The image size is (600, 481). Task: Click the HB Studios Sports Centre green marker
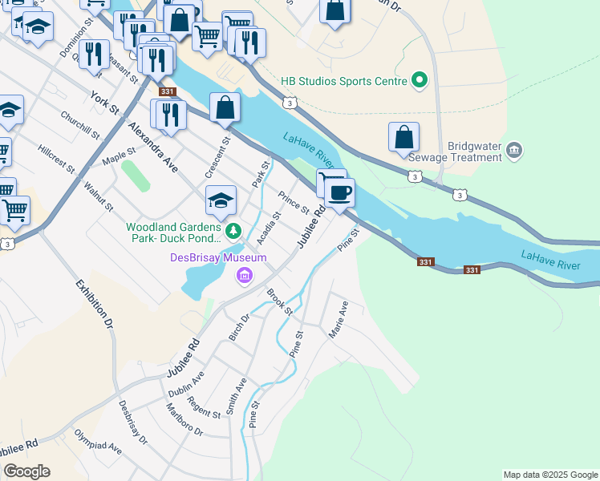(418, 80)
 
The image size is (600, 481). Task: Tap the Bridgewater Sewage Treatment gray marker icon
(515, 150)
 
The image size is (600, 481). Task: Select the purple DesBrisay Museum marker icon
(244, 277)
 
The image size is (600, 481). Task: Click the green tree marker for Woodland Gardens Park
(233, 232)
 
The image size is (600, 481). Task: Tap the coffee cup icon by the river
(340, 193)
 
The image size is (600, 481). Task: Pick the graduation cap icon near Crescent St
(221, 201)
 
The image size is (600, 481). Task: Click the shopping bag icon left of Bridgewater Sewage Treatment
(404, 137)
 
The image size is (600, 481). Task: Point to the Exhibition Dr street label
(95, 305)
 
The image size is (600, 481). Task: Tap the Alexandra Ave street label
(152, 148)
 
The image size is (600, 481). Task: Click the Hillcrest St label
(56, 160)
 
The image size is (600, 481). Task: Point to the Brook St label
(281, 302)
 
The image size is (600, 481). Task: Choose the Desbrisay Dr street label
(133, 422)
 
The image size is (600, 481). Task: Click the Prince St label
(294, 203)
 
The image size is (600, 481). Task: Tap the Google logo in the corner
(26, 471)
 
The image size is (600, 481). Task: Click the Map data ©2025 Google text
(550, 475)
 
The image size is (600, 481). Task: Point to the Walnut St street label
(98, 196)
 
